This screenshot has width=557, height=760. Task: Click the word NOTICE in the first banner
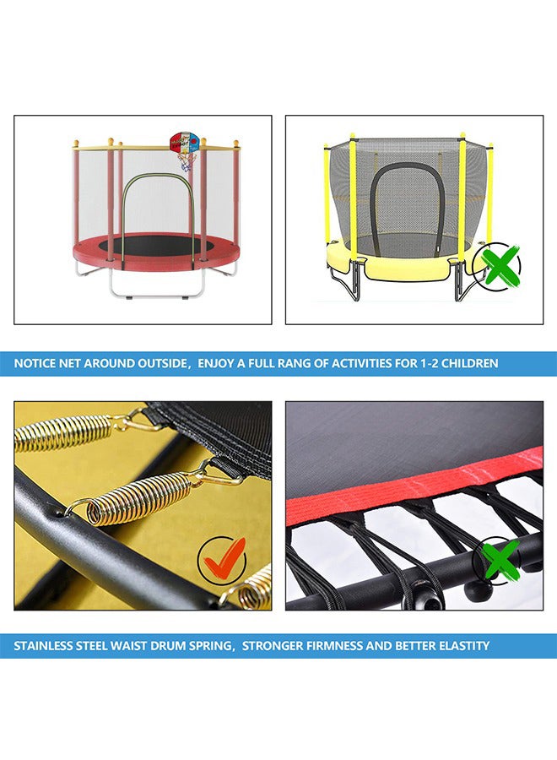(x=35, y=363)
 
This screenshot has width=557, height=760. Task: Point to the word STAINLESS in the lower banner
(x=43, y=646)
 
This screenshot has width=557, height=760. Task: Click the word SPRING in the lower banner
(x=212, y=646)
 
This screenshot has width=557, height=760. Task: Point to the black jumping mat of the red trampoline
(x=156, y=245)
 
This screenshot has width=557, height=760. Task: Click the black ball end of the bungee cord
(x=478, y=590)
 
